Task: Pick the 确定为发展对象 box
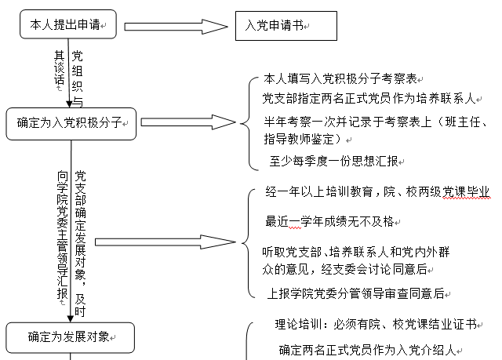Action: coord(71,337)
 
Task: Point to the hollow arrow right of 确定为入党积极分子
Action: coord(187,122)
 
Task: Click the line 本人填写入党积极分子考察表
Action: coord(343,79)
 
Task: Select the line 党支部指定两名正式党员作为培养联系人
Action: coord(369,99)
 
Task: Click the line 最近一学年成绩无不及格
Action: coord(329,221)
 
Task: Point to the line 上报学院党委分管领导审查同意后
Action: coord(356,293)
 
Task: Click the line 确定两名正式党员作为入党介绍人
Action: coord(366,350)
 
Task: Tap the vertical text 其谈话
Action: coord(59,69)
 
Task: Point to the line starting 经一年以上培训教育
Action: coord(377,192)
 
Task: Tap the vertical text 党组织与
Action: coord(78,78)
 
